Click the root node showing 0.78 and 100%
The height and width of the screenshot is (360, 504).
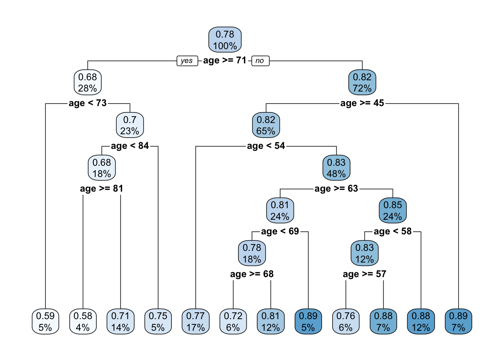225,40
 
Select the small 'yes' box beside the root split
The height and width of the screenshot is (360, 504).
187,61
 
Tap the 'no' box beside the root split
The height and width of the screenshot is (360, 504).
260,61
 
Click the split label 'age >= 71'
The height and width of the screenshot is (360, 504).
225,60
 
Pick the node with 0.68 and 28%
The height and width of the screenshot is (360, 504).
88,82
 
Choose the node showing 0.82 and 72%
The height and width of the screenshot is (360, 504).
362,82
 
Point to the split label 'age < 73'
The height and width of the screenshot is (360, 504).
88,103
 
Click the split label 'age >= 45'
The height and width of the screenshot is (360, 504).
362,103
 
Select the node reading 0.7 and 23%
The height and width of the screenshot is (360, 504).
130,125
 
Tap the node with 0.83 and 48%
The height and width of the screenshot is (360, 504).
336,168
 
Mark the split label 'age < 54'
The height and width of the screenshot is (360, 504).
266,146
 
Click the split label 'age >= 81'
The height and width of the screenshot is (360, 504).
102,189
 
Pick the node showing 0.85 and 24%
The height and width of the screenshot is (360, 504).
393,211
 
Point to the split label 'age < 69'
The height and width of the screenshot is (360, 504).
280,231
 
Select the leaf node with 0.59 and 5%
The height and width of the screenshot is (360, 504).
45,321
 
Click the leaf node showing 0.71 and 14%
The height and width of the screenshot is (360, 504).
120,321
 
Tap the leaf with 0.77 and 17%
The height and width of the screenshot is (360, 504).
195,321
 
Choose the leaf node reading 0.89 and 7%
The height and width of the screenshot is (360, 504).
458,321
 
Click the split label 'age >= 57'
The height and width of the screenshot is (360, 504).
364,274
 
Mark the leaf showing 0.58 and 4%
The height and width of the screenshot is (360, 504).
83,321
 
